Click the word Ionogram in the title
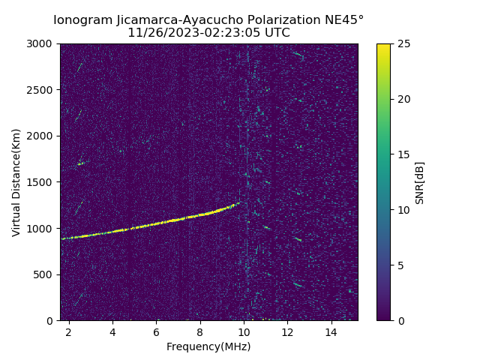[83, 20]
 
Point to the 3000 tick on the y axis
[39, 43]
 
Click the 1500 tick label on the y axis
[39, 182]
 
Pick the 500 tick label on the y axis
[43, 274]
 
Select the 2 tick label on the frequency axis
[69, 331]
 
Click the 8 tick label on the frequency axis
[200, 331]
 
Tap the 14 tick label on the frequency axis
[331, 331]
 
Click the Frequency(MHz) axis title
[208, 346]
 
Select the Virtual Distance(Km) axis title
[16, 183]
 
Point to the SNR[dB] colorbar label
[420, 183]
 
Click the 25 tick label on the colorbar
[403, 43]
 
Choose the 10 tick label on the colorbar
[403, 210]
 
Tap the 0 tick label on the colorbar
[400, 321]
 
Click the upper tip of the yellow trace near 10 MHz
[240, 202]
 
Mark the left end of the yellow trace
[61, 238]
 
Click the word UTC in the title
[277, 32]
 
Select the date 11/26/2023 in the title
[163, 32]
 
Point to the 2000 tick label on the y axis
[39, 136]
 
